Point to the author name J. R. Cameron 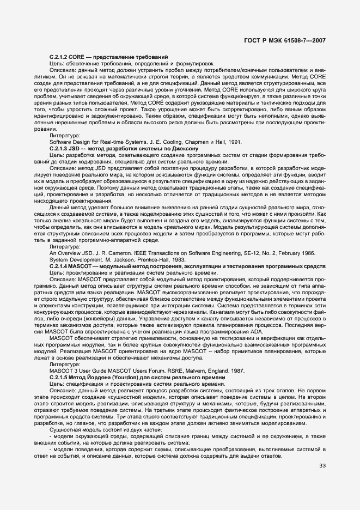pos(108,254)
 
